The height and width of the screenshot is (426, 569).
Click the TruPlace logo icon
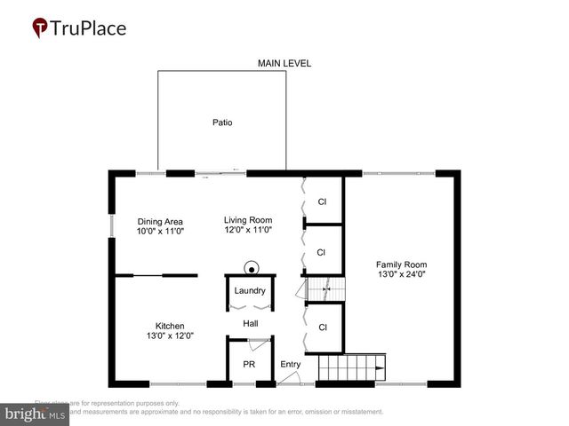point(40,28)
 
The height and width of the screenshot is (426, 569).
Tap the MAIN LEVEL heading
point(284,63)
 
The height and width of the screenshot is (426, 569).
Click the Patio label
point(222,122)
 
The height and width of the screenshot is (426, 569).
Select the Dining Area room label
point(160,221)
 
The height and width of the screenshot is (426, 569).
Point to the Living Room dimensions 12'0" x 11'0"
point(248,230)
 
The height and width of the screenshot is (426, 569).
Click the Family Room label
point(402,264)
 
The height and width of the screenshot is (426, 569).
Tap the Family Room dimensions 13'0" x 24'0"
point(402,274)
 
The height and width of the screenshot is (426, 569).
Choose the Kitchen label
point(170,326)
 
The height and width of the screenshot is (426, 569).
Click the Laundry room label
point(250,291)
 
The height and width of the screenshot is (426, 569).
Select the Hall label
point(251,323)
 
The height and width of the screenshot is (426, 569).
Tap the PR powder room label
point(249,364)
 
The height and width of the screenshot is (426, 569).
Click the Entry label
point(291,364)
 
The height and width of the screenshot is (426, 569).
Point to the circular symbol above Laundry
point(252,269)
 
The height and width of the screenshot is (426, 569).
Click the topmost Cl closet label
point(323,201)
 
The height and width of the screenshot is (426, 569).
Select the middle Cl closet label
point(323,253)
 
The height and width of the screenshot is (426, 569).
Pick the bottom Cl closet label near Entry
point(323,327)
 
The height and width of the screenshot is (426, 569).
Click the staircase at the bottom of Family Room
point(352,367)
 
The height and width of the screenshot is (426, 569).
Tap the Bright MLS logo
point(36,414)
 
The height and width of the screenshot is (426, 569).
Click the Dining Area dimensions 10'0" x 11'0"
point(160,231)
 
